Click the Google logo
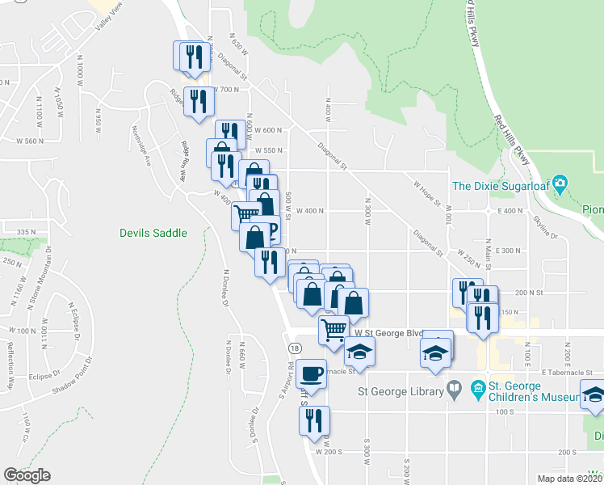click(x=27, y=475)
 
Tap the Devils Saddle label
click(x=153, y=233)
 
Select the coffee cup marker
click(x=311, y=373)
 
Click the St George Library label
click(x=401, y=392)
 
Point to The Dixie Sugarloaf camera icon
click(x=562, y=185)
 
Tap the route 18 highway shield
click(x=295, y=347)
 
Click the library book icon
click(x=455, y=391)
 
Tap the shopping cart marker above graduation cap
click(x=333, y=330)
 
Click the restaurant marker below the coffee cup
click(x=313, y=420)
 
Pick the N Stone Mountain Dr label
click(x=35, y=279)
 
